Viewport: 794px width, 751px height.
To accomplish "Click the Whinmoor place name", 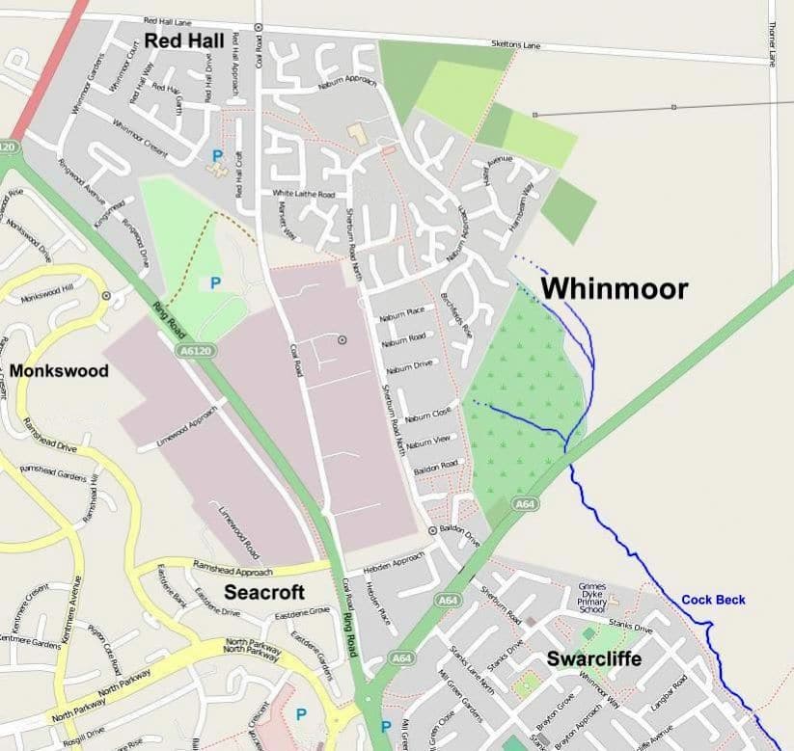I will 614,288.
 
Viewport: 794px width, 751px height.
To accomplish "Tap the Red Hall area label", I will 184,40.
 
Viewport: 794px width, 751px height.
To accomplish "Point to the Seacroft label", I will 264,592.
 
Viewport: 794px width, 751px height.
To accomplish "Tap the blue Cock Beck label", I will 713,600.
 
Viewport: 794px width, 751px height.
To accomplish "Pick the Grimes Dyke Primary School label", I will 591,598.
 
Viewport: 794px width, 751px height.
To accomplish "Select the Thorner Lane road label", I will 773,45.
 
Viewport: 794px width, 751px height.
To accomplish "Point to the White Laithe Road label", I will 302,194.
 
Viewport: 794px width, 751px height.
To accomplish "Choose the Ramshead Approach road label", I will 233,567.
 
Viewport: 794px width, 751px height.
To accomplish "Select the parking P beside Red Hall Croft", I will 216,154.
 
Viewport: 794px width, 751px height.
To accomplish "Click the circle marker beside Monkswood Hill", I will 105,296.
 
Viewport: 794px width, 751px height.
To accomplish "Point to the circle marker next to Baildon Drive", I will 431,530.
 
